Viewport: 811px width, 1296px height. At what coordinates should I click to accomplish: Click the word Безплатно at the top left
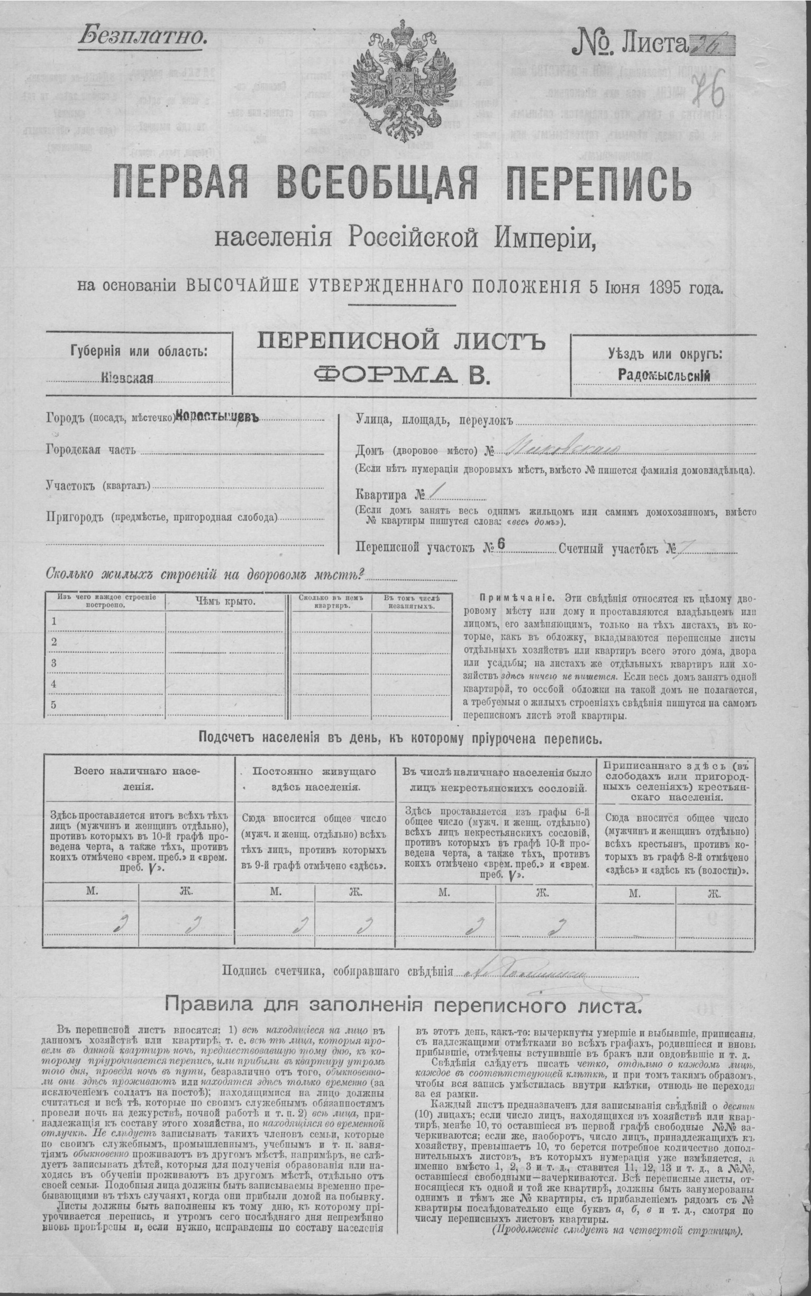(x=143, y=35)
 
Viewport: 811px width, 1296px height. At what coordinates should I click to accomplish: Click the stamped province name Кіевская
(x=127, y=378)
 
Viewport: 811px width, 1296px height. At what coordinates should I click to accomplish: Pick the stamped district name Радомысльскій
(x=664, y=376)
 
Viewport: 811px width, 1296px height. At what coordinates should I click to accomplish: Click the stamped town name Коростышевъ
(x=217, y=418)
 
